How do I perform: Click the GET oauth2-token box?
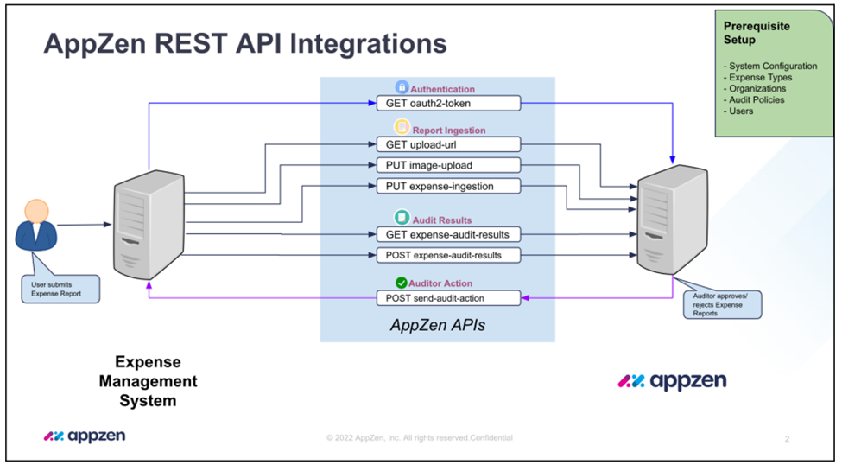(448, 103)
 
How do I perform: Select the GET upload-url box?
(448, 144)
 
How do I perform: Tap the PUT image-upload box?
(448, 165)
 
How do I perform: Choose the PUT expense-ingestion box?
(448, 186)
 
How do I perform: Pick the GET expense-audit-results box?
(448, 234)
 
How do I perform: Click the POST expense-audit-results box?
(448, 255)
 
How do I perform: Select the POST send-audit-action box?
(448, 298)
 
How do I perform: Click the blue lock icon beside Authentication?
(402, 87)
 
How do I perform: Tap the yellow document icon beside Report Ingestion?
(402, 127)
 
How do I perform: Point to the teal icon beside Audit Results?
(402, 217)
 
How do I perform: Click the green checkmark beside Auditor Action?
(401, 283)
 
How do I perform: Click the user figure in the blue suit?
(36, 225)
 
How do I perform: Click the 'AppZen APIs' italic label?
(438, 325)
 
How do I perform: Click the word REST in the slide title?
(191, 43)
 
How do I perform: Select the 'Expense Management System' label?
(149, 381)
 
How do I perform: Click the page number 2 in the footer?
(788, 439)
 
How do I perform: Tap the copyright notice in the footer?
(420, 438)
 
